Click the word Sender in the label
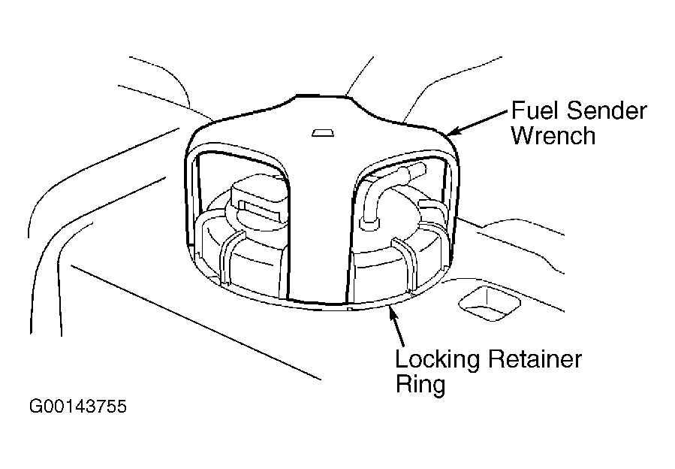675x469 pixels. click(x=607, y=110)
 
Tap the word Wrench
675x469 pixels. click(x=553, y=135)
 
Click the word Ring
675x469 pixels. click(x=420, y=385)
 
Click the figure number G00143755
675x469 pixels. click(x=78, y=406)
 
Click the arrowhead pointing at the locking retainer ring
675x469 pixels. click(x=393, y=313)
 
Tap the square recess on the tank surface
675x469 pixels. click(x=489, y=303)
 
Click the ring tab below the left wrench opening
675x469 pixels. click(x=231, y=259)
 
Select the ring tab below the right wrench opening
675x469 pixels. click(x=405, y=264)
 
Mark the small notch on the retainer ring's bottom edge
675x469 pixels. click(x=350, y=309)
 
